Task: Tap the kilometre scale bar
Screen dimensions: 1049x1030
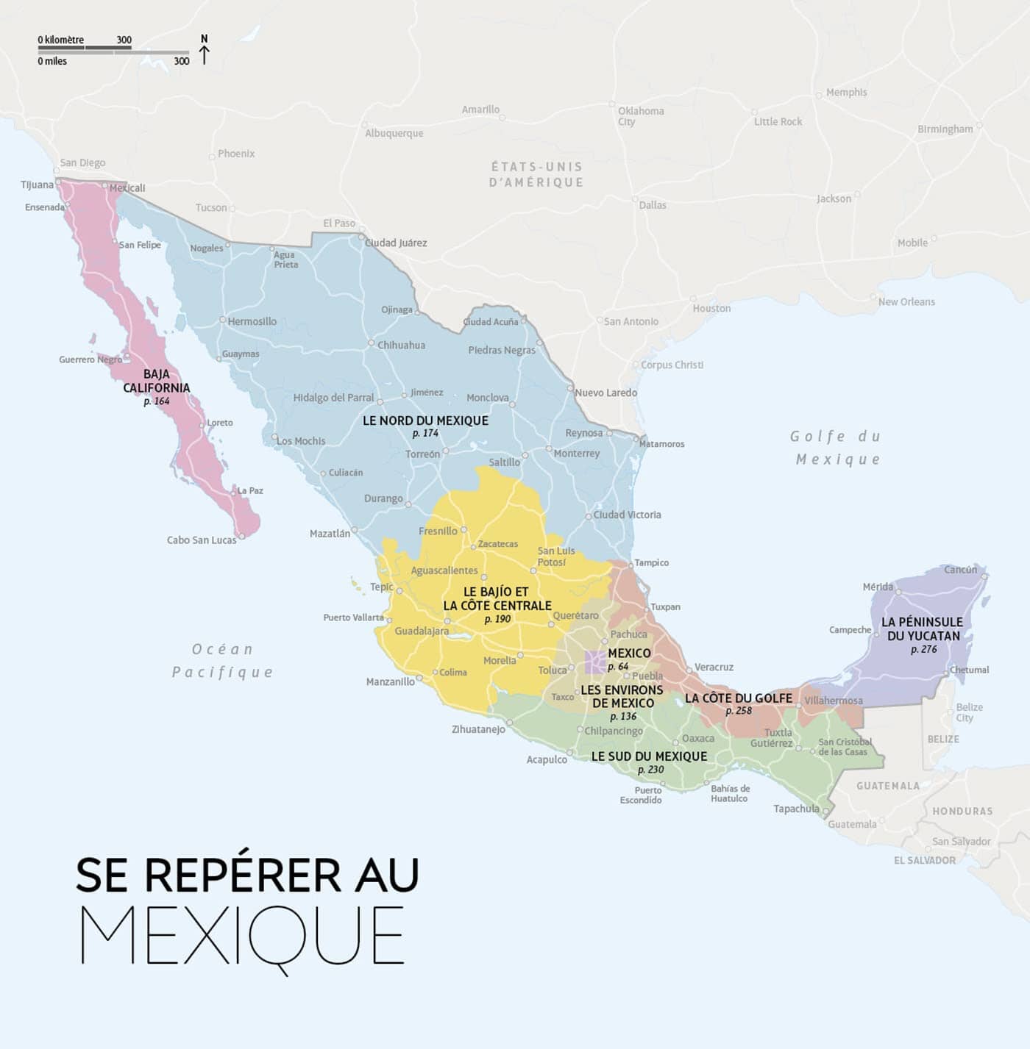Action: [x=85, y=48]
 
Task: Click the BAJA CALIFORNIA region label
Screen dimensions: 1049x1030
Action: [x=156, y=381]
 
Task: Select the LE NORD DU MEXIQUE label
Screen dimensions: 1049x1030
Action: [x=425, y=420]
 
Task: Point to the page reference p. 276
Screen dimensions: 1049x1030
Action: [x=923, y=649]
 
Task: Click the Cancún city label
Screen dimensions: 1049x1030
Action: [x=961, y=570]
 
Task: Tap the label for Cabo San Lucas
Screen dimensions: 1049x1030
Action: [x=202, y=540]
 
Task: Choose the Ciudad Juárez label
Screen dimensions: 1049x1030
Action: [x=396, y=243]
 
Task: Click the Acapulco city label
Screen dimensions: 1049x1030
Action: [x=547, y=760]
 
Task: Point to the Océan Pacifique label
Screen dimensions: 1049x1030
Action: [x=222, y=660]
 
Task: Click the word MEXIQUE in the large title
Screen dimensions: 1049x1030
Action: [x=243, y=936]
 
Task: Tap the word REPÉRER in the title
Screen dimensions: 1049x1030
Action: [x=243, y=875]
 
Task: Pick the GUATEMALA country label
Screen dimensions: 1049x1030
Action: [x=887, y=786]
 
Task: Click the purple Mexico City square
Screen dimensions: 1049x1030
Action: [x=594, y=662]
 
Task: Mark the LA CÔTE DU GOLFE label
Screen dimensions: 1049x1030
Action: [x=739, y=698]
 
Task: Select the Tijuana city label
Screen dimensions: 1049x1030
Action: [x=37, y=185]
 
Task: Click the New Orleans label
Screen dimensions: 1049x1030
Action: [x=906, y=301]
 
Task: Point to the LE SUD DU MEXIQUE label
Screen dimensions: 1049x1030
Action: [x=649, y=756]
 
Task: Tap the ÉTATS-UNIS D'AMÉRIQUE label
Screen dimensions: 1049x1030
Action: [x=536, y=174]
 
